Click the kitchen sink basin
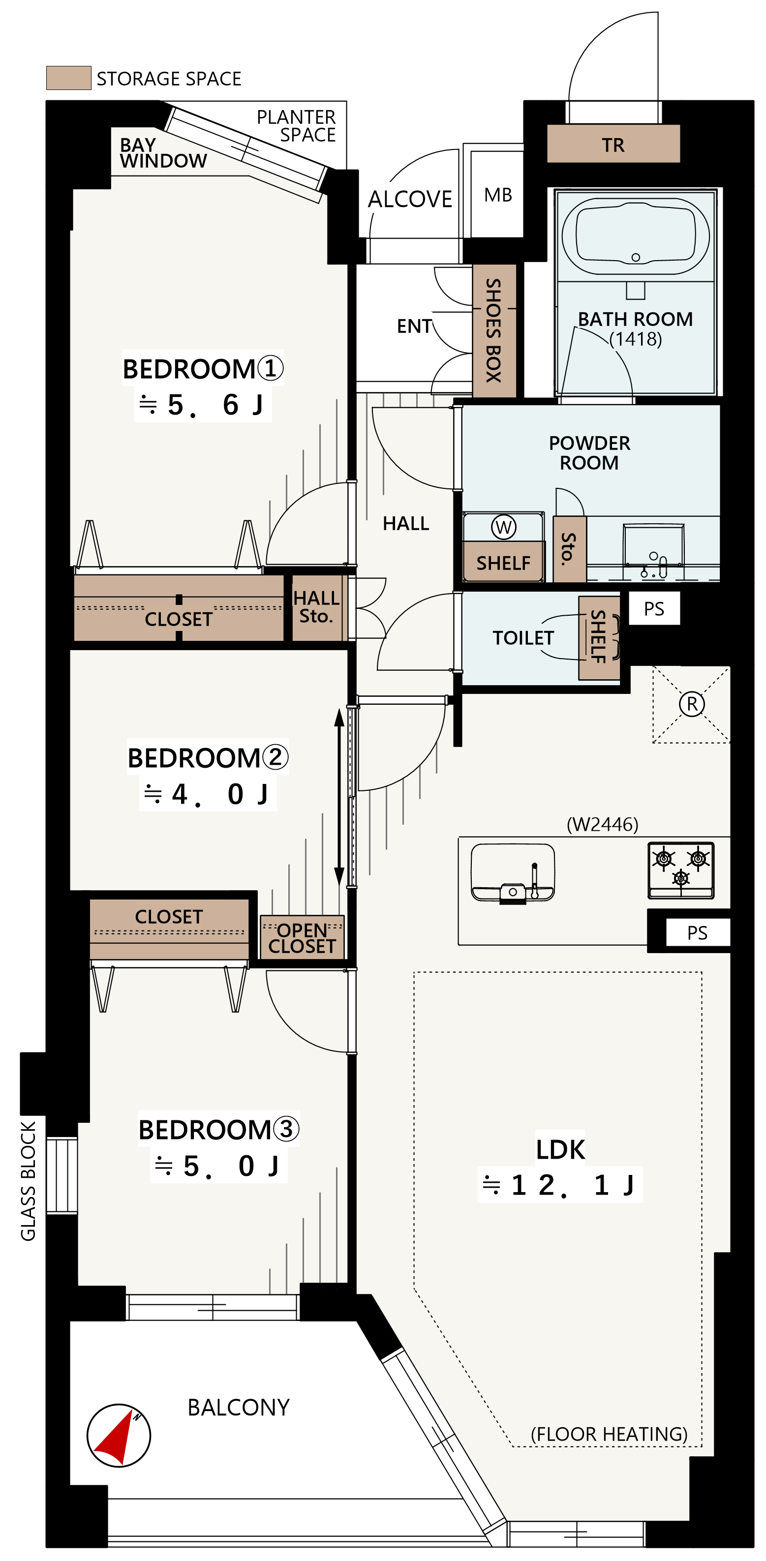(513, 872)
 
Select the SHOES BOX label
(494, 330)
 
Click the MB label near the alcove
(498, 195)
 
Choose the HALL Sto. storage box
(316, 607)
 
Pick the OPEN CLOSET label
(302, 938)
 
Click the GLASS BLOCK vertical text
(29, 1180)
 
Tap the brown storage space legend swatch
(68, 78)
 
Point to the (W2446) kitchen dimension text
(602, 824)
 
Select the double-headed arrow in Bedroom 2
(339, 797)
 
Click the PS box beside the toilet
(654, 608)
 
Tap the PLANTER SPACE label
(296, 125)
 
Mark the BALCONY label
(239, 1407)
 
